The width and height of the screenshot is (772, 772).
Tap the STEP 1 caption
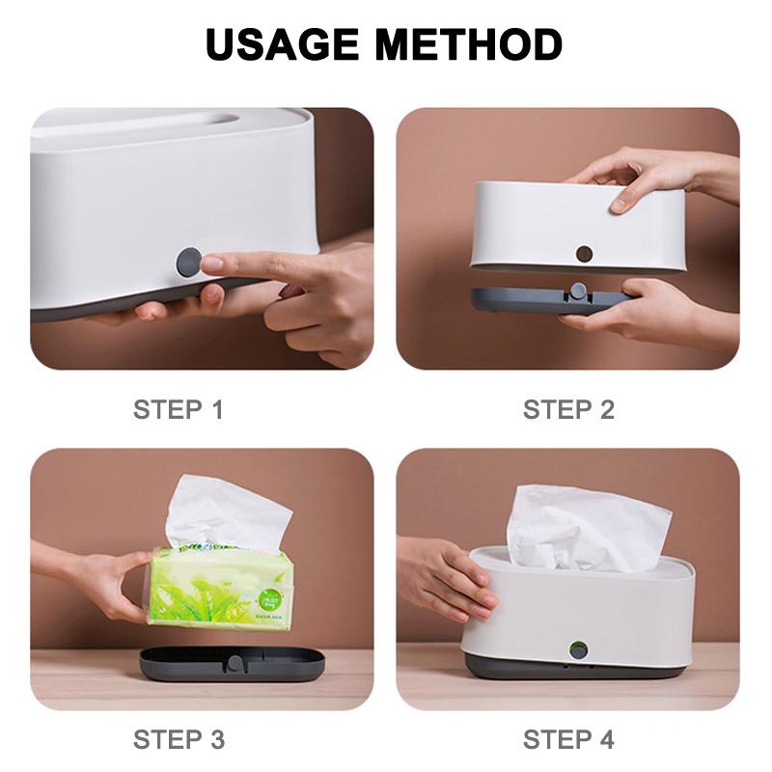click(178, 409)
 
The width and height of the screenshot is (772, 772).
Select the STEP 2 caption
click(568, 409)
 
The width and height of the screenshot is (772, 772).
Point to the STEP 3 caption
click(178, 740)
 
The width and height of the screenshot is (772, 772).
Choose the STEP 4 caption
click(568, 740)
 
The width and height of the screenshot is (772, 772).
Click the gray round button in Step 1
click(188, 262)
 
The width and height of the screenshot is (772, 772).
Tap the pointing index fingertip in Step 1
click(211, 262)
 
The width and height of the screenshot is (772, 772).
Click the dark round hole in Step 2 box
click(584, 255)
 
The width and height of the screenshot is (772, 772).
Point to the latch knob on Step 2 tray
click(577, 291)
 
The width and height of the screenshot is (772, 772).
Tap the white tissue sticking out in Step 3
click(227, 511)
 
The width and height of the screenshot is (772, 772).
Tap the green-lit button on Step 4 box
click(578, 648)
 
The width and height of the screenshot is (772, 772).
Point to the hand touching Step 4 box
click(444, 579)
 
